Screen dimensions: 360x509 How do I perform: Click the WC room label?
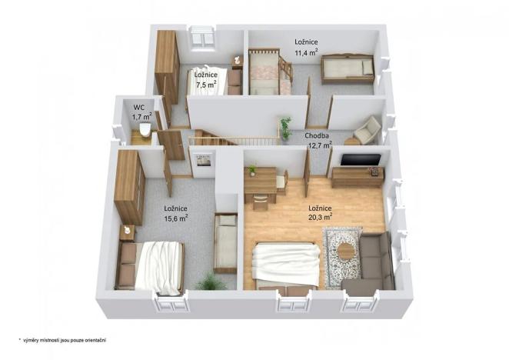coord(139,108)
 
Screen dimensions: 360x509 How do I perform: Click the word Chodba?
coord(317,135)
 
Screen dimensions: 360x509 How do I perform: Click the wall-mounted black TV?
coord(360,160)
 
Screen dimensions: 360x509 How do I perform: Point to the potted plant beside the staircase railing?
coord(286,128)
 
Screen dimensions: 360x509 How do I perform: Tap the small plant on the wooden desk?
coord(251,170)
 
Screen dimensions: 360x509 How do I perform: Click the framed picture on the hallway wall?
coord(204,161)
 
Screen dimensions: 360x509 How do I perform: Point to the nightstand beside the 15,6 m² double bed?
coord(128,232)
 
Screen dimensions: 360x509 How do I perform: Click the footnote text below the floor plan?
coord(62,338)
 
